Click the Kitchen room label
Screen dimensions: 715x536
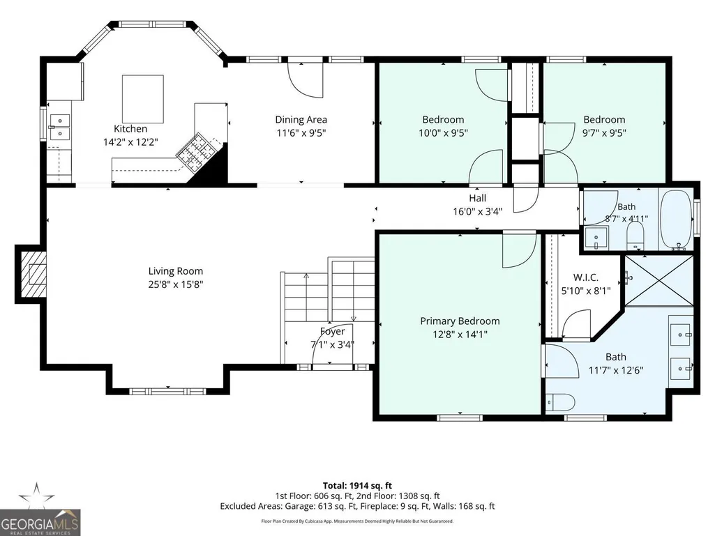pyautogui.click(x=130, y=128)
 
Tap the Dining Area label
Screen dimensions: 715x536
pyautogui.click(x=301, y=119)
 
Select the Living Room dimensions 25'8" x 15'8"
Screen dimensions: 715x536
pyautogui.click(x=176, y=284)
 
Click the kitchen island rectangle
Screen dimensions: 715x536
pyautogui.click(x=143, y=99)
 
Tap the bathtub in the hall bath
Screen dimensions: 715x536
pyautogui.click(x=676, y=220)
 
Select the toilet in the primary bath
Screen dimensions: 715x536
pyautogui.click(x=560, y=403)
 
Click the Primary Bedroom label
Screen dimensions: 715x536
pyautogui.click(x=460, y=321)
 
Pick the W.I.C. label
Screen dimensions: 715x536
pyautogui.click(x=585, y=277)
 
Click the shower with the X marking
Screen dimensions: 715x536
pyautogui.click(x=659, y=280)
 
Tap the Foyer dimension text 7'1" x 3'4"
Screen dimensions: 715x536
pyautogui.click(x=333, y=344)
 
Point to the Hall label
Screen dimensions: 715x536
pyautogui.click(x=477, y=198)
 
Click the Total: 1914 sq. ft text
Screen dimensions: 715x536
pyautogui.click(x=357, y=485)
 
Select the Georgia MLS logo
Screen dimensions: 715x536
pyautogui.click(x=40, y=510)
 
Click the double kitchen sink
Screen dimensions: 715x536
pyautogui.click(x=60, y=127)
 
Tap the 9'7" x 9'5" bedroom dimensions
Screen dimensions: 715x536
pyautogui.click(x=604, y=132)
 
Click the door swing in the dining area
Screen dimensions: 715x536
pyautogui.click(x=306, y=79)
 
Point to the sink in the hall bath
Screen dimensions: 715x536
pyautogui.click(x=596, y=238)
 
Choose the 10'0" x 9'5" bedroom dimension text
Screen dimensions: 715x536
pyautogui.click(x=443, y=132)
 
